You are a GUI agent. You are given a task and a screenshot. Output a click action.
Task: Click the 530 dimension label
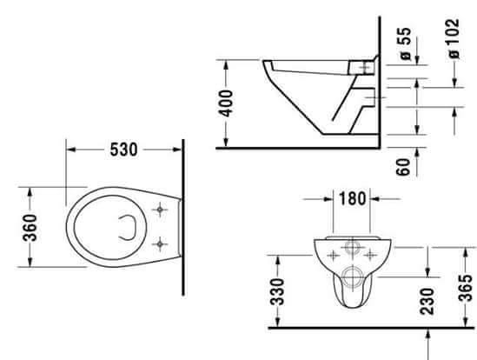pyautogui.click(x=123, y=150)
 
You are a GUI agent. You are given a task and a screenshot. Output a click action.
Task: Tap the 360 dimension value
pyautogui.click(x=30, y=228)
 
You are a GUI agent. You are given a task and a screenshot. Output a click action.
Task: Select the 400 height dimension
pyautogui.click(x=226, y=103)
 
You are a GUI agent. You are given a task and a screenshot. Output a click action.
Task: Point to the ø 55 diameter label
pyautogui.click(x=406, y=43)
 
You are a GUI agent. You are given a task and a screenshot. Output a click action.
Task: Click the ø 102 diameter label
pyautogui.click(x=454, y=38)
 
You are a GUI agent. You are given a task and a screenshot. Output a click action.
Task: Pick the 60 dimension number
pyautogui.click(x=403, y=167)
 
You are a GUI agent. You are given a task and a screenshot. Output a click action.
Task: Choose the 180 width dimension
pyautogui.click(x=352, y=198)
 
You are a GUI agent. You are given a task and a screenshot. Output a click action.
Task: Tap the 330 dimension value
pyautogui.click(x=277, y=291)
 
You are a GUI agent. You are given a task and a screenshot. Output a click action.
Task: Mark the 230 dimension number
pyautogui.click(x=427, y=301)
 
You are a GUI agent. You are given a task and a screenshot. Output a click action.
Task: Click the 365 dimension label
pyautogui.click(x=466, y=288)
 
